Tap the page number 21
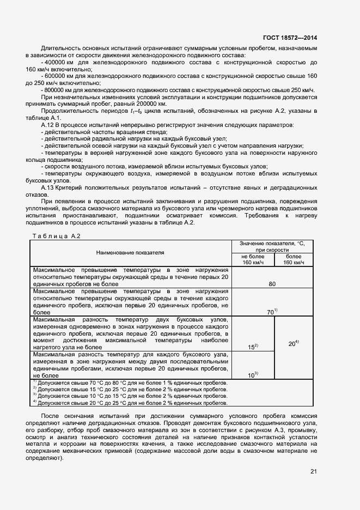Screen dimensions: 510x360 313,471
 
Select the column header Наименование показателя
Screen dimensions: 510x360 130,253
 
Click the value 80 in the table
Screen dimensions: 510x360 272,284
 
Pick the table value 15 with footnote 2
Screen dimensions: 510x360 253,347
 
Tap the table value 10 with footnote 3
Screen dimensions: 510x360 253,375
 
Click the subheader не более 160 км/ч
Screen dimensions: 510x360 252,260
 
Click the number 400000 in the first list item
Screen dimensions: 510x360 56,63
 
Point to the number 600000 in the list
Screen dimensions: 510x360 56,76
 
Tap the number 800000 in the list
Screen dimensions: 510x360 56,89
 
